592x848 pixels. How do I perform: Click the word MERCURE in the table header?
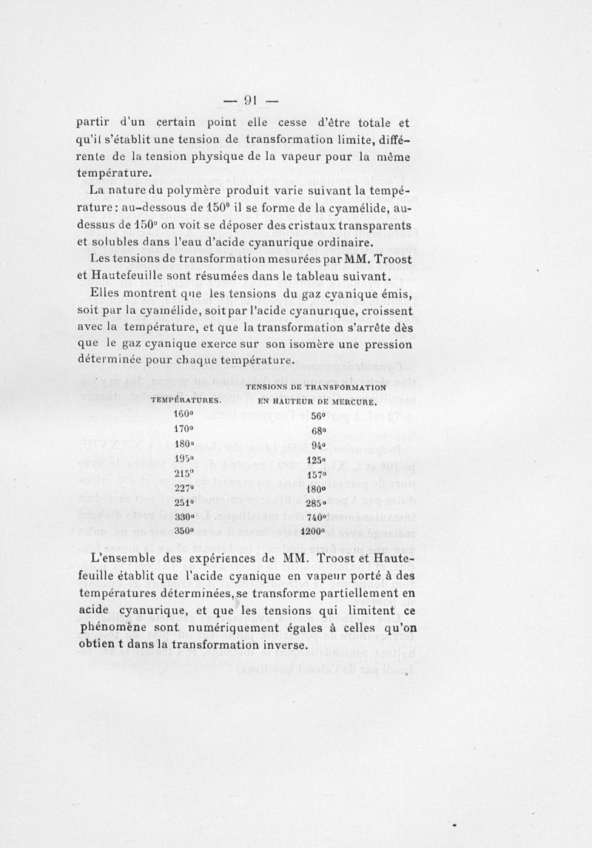[353, 402]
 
